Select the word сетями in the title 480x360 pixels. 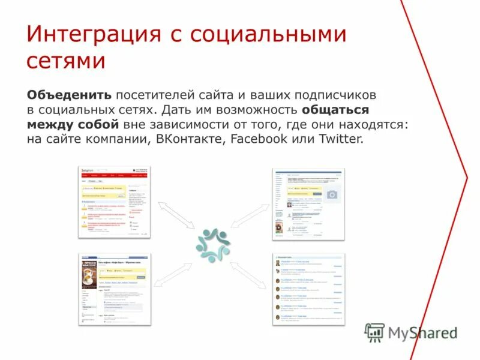66,62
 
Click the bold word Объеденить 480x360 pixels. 69,95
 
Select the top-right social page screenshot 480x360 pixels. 308,204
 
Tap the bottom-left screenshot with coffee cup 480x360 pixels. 115,289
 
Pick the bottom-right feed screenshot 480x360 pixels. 308,289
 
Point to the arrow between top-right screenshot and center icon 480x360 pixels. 248,215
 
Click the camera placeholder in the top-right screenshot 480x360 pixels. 331,194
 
